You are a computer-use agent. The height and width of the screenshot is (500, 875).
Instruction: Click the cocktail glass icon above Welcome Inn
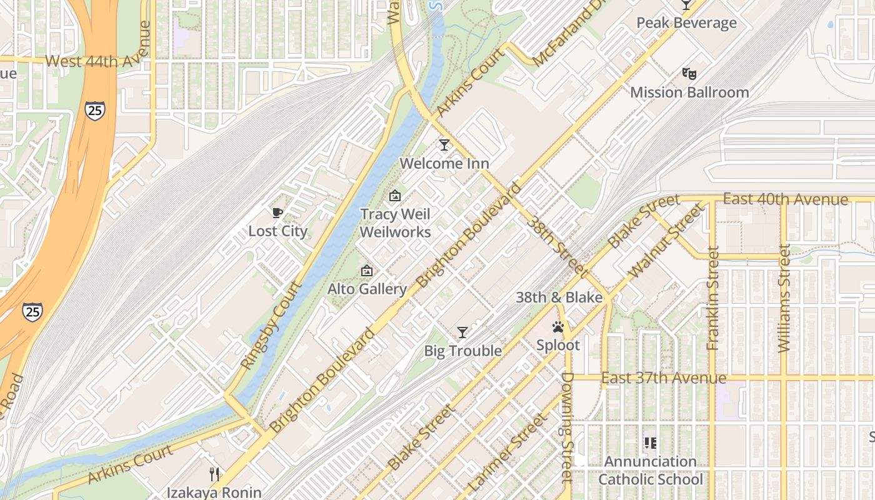444,145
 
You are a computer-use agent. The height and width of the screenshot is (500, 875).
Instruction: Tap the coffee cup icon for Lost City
277,213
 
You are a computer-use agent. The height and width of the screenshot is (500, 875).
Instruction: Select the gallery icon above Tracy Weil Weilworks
395,196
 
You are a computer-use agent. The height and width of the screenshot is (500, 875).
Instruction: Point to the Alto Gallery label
367,289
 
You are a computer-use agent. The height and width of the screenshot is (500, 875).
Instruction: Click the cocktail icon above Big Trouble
462,332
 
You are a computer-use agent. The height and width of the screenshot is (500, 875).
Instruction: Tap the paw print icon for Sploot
558,327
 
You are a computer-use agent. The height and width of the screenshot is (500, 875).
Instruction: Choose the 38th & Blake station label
559,297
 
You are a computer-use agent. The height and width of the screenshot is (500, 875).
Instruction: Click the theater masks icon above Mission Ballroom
689,74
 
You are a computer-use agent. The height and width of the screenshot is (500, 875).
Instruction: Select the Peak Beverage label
686,23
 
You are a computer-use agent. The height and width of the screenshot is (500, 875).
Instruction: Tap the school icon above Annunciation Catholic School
651,443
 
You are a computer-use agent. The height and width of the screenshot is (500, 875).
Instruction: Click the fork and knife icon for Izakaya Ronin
214,474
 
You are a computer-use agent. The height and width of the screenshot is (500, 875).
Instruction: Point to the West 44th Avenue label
99,61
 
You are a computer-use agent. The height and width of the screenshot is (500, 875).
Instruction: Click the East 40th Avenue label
785,199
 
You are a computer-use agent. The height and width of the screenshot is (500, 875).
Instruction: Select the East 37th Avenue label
664,378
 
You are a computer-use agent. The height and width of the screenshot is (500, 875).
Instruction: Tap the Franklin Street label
713,298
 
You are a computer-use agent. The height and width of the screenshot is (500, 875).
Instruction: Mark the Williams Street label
784,298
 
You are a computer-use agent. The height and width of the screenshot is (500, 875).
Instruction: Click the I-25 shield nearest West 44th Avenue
96,111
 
